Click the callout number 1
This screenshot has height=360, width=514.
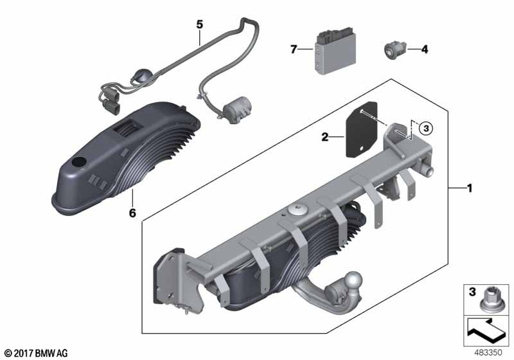470,188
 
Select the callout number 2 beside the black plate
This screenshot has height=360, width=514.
324,137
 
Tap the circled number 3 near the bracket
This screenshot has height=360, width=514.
426,128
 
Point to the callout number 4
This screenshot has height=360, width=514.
425,50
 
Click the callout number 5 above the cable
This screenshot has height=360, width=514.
200,24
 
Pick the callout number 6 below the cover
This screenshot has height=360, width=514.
132,213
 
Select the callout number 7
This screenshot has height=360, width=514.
294,50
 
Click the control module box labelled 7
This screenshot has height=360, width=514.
335,50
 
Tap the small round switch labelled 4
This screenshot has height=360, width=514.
394,50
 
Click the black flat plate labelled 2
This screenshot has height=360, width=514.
362,130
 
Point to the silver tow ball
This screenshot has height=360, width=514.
355,280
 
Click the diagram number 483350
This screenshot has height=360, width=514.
488,352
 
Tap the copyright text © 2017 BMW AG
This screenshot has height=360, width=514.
37,353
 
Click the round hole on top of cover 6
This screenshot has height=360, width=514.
79,161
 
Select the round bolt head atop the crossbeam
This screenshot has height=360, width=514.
297,210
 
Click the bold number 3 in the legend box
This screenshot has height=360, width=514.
472,292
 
